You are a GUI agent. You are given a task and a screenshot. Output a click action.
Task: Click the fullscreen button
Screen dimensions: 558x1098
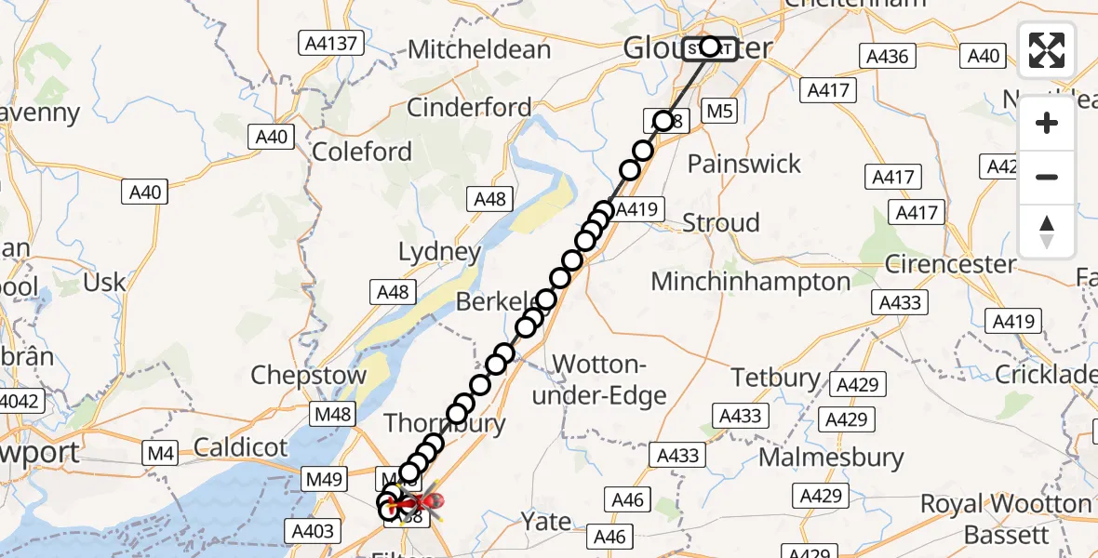pyautogui.click(x=1047, y=50)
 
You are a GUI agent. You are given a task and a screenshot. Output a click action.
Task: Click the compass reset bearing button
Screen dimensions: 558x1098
pyautogui.click(x=1047, y=232)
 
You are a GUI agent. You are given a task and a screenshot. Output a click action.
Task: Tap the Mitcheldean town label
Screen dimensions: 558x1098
pyautogui.click(x=479, y=48)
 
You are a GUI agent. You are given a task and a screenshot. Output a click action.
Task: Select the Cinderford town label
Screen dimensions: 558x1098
pyautogui.click(x=469, y=107)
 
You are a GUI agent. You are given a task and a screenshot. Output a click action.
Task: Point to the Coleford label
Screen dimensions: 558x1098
pyautogui.click(x=362, y=152)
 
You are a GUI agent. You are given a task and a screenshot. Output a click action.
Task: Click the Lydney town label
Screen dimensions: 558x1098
pyautogui.click(x=439, y=251)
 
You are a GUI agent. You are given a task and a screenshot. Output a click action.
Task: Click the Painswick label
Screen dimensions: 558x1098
pyautogui.click(x=743, y=164)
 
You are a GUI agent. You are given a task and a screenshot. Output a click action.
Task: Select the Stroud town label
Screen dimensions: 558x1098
pyautogui.click(x=721, y=223)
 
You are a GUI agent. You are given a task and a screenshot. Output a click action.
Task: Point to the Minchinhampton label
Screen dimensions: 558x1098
pyautogui.click(x=751, y=281)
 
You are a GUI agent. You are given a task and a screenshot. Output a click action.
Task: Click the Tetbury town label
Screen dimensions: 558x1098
pyautogui.click(x=776, y=378)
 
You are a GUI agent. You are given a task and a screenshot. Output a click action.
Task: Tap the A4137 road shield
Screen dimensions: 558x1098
pyautogui.click(x=329, y=43)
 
